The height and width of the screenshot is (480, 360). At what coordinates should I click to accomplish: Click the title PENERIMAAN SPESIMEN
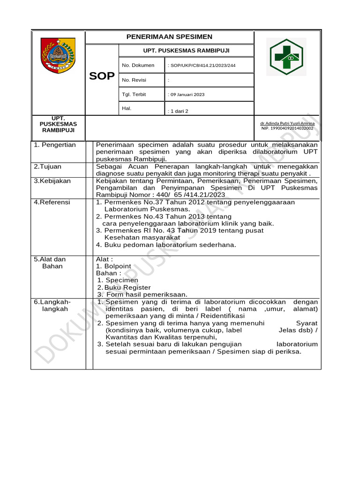point(169,37)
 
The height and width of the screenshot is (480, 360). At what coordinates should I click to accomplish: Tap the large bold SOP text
point(102,76)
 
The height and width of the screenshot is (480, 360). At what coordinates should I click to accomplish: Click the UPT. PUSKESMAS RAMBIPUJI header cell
point(186,51)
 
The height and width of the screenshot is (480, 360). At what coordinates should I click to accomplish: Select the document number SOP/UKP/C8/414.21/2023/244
point(202,66)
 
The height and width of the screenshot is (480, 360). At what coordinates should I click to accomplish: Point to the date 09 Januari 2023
point(186,95)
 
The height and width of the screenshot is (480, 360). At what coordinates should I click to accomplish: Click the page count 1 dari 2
point(178,111)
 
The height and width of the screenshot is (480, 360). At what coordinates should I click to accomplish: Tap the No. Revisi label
point(134,80)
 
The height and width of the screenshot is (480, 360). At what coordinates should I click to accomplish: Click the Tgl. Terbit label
point(134,95)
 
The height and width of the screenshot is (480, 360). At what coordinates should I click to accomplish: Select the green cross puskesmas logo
point(286,57)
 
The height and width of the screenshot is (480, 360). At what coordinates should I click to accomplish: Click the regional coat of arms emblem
point(57,55)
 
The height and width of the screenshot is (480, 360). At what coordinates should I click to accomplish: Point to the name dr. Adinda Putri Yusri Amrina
point(287,123)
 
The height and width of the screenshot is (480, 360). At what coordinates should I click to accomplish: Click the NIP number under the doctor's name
point(287,128)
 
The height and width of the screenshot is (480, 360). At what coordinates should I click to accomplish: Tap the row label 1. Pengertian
point(55,145)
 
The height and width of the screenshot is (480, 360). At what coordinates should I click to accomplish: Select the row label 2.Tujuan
point(47,166)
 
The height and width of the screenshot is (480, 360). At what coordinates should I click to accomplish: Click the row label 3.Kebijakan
point(52,180)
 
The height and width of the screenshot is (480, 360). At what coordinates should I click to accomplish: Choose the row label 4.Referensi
point(52,202)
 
